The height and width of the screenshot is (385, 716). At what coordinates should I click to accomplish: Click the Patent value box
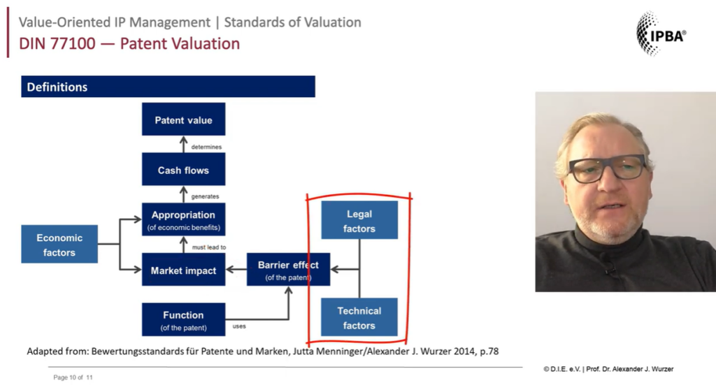point(183,119)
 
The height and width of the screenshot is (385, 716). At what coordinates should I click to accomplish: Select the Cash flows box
point(183,170)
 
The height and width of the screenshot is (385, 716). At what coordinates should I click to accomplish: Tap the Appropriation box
point(183,220)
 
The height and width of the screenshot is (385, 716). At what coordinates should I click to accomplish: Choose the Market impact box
point(183,270)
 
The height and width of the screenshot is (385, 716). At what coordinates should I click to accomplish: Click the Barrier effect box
point(288,270)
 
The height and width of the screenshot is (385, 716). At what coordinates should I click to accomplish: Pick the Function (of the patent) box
point(183,320)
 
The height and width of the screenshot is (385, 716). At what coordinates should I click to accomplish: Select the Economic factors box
point(59,245)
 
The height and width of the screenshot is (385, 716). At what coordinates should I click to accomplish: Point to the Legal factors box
point(359,221)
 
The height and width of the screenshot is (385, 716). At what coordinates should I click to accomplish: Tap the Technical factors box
point(359,318)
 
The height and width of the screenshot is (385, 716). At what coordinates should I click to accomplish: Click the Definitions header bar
point(168,87)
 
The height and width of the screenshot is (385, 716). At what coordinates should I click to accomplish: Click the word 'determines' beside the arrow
point(206,147)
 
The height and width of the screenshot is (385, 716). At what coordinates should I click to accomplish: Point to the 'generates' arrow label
point(205,196)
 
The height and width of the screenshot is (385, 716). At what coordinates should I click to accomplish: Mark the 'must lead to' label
point(208,247)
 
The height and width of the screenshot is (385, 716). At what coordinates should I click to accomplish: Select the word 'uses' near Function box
point(239,326)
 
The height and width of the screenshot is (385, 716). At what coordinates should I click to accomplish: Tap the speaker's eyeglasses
point(607,168)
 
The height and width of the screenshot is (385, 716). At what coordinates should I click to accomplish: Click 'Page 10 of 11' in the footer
point(73,377)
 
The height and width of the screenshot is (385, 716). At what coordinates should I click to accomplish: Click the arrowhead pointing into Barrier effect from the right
point(334,270)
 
